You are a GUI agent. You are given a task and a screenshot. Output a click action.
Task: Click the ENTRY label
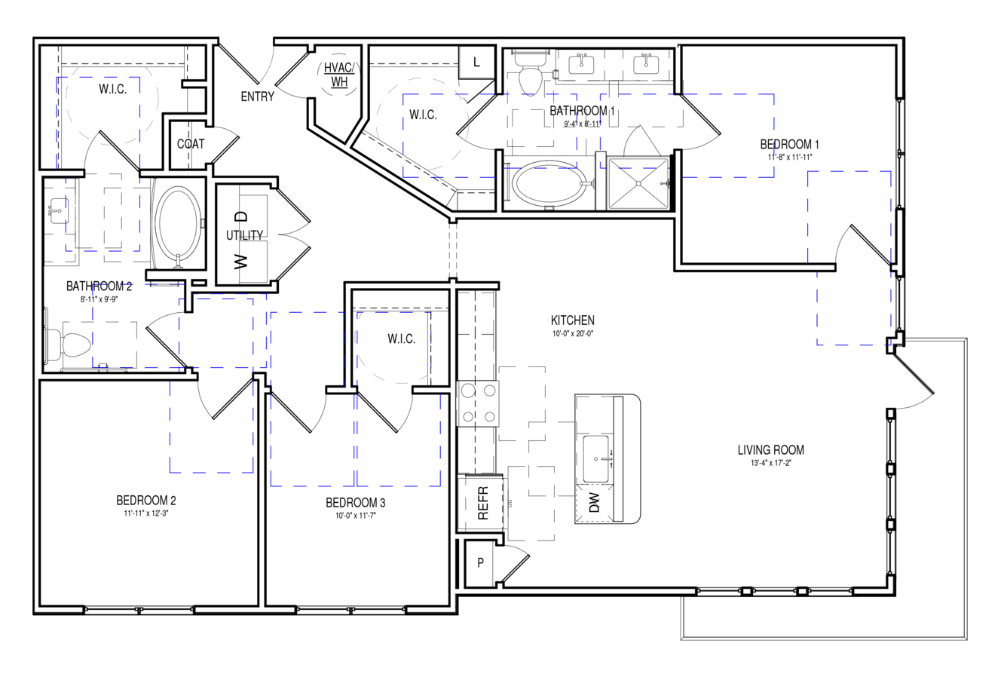[257, 97]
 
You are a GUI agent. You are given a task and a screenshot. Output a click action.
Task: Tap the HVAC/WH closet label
[339, 75]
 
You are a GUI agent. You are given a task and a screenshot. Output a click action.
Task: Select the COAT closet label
[191, 144]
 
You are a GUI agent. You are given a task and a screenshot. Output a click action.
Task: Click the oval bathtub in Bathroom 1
[549, 185]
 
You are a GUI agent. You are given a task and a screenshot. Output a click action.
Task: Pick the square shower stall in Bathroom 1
[638, 183]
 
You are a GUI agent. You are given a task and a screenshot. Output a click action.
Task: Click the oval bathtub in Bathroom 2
[178, 223]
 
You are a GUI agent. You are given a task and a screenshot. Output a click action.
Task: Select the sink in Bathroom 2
[59, 210]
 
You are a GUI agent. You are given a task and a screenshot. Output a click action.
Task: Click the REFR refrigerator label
[482, 503]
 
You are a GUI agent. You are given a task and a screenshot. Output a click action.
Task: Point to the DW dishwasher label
[594, 503]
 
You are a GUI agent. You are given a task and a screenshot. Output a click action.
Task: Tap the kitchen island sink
[596, 458]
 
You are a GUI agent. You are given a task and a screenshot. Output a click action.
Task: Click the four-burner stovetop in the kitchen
[479, 403]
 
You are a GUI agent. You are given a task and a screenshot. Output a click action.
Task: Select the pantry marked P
[481, 562]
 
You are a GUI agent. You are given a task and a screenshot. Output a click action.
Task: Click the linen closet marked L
[476, 62]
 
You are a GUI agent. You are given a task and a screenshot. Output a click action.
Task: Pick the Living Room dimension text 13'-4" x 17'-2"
[771, 463]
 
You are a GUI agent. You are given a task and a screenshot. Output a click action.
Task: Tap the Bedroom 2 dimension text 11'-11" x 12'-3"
[146, 513]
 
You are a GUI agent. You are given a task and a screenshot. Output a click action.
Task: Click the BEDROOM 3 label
[356, 502]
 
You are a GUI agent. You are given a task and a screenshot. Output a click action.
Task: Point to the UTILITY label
[244, 235]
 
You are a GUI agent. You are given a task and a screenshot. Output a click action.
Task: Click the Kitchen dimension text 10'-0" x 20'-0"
[573, 334]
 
